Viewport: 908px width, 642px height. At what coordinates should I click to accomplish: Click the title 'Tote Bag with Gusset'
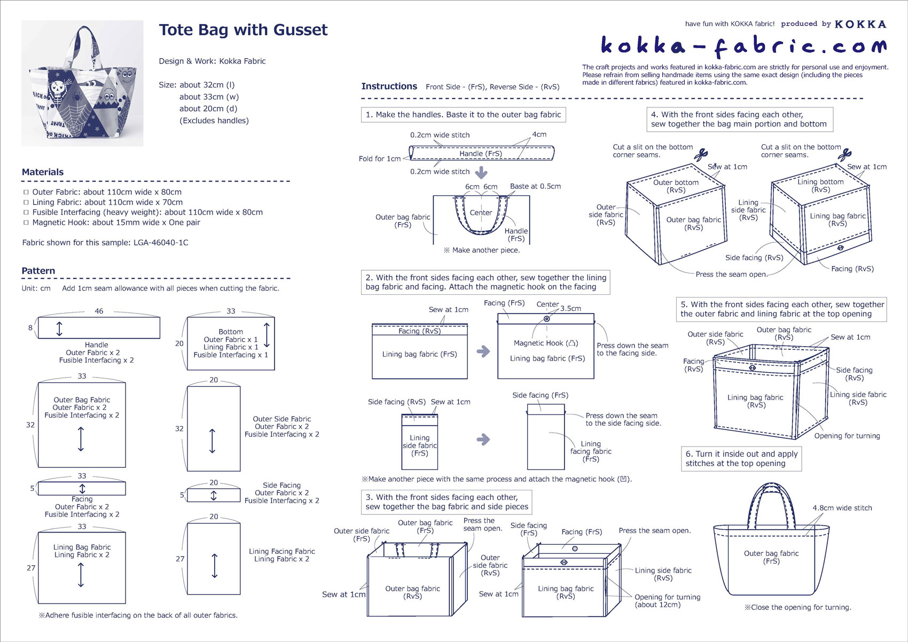pos(243,30)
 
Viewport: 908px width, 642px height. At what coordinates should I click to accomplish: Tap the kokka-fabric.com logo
pos(744,45)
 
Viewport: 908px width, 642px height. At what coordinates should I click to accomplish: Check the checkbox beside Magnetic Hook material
pos(26,223)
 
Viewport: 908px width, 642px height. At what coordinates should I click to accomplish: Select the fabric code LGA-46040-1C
pos(161,243)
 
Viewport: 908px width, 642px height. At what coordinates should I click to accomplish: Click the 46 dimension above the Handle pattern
pos(99,311)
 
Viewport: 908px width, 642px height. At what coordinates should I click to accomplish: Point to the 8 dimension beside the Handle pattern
pos(30,327)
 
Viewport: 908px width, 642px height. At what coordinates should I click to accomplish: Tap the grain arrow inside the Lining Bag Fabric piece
pos(81,575)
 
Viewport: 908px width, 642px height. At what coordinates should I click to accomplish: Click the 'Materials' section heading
pos(43,172)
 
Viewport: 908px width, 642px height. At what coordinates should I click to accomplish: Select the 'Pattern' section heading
pos(38,271)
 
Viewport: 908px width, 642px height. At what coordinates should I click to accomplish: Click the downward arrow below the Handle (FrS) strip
pos(481,173)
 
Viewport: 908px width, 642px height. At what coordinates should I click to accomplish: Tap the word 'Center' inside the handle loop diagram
pos(481,213)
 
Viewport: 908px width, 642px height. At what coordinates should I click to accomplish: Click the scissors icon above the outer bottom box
pos(701,154)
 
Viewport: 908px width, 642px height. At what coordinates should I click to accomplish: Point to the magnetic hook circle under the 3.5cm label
pos(546,319)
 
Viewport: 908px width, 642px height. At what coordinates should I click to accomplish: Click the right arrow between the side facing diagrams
pos(483,440)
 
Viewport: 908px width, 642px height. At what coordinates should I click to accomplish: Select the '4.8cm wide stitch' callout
pos(842,508)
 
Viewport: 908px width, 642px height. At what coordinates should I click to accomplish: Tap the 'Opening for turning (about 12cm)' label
pos(667,601)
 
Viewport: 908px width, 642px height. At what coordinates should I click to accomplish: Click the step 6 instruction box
pos(741,458)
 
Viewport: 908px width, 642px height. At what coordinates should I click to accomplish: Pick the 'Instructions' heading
pos(389,87)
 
